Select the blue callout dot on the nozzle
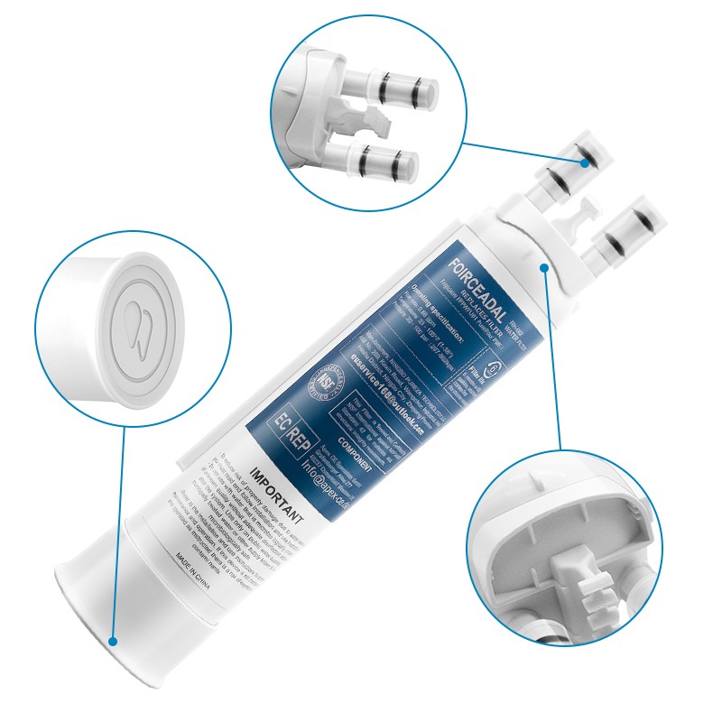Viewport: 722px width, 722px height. pos(586,163)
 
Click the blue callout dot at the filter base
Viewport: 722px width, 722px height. pos(113,641)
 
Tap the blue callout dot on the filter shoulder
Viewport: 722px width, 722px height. pos(545,266)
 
